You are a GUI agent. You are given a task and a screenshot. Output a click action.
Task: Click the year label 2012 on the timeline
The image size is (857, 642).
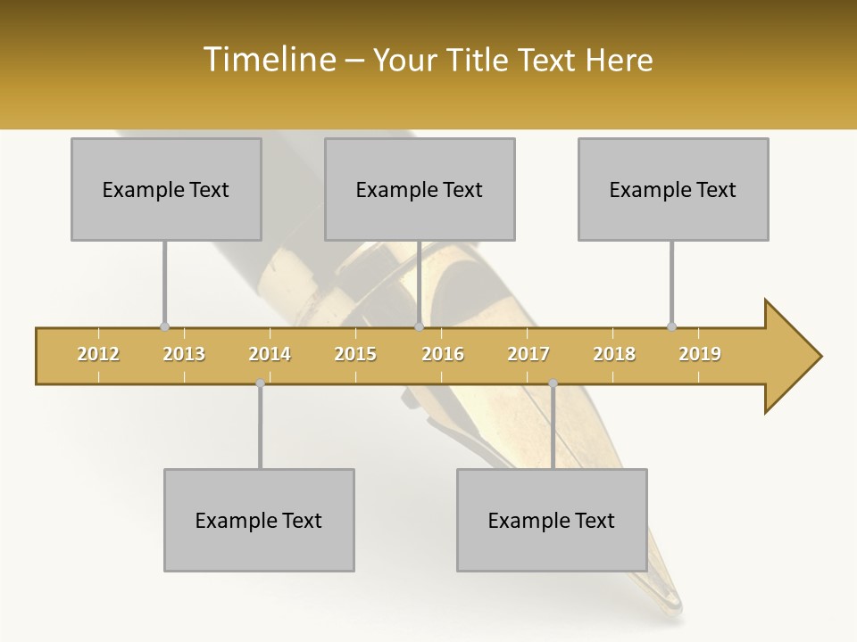pyautogui.click(x=98, y=354)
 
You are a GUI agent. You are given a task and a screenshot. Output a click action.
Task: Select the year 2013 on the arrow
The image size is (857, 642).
pyautogui.click(x=184, y=354)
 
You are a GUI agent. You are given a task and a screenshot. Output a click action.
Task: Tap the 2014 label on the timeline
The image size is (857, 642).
pyautogui.click(x=270, y=354)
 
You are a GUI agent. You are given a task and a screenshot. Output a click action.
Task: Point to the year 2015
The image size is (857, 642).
pyautogui.click(x=355, y=354)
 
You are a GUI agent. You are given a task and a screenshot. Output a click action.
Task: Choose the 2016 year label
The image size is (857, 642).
pyautogui.click(x=443, y=354)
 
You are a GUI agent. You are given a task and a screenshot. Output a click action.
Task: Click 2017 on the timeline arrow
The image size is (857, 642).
pyautogui.click(x=528, y=354)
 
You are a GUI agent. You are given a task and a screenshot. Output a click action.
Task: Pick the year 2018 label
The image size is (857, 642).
pyautogui.click(x=614, y=354)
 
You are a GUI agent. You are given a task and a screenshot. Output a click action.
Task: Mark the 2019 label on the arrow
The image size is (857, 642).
pyautogui.click(x=700, y=354)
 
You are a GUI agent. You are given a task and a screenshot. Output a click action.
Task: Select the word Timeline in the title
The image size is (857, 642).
pyautogui.click(x=267, y=60)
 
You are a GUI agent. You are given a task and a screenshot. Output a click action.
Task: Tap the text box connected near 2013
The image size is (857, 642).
pyautogui.click(x=166, y=189)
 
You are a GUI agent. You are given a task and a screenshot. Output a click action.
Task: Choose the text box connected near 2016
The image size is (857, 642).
pyautogui.click(x=420, y=189)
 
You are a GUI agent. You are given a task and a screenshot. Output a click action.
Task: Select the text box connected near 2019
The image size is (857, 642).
pyautogui.click(x=673, y=189)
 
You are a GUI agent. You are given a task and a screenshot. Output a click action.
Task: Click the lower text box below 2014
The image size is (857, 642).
pyautogui.click(x=259, y=520)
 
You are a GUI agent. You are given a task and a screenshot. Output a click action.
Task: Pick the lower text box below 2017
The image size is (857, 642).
pyautogui.click(x=552, y=520)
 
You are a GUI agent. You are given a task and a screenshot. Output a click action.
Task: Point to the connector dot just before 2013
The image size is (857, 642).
pyautogui.click(x=164, y=326)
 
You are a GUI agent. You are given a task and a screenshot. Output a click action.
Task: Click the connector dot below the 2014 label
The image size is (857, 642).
pyautogui.click(x=260, y=383)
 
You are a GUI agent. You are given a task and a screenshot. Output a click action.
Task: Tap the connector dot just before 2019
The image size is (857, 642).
pyautogui.click(x=672, y=326)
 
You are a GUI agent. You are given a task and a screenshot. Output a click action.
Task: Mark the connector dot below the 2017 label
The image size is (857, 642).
pyautogui.click(x=553, y=383)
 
